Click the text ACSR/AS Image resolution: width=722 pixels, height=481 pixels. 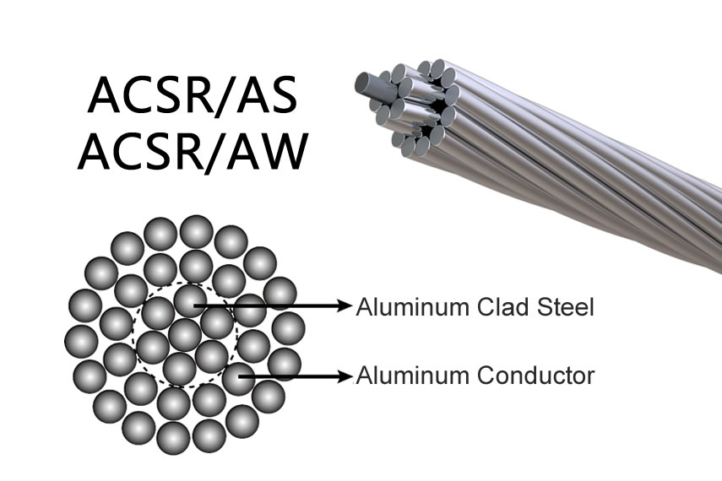click(192, 95)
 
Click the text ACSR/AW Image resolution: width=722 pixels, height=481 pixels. click(193, 151)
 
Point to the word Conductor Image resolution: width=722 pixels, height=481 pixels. click(535, 376)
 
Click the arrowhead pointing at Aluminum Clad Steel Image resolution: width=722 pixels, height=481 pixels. click(345, 305)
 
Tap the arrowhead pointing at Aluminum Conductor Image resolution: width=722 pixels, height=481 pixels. click(345, 376)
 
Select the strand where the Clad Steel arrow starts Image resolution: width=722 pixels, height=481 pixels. click(190, 300)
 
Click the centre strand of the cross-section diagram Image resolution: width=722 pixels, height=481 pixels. click(185, 335)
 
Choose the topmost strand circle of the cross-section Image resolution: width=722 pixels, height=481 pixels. click(196, 231)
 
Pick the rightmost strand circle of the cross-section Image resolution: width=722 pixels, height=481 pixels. click(288, 328)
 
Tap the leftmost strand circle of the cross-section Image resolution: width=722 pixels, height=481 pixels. click(81, 341)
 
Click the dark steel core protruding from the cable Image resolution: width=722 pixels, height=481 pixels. click(371, 85)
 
